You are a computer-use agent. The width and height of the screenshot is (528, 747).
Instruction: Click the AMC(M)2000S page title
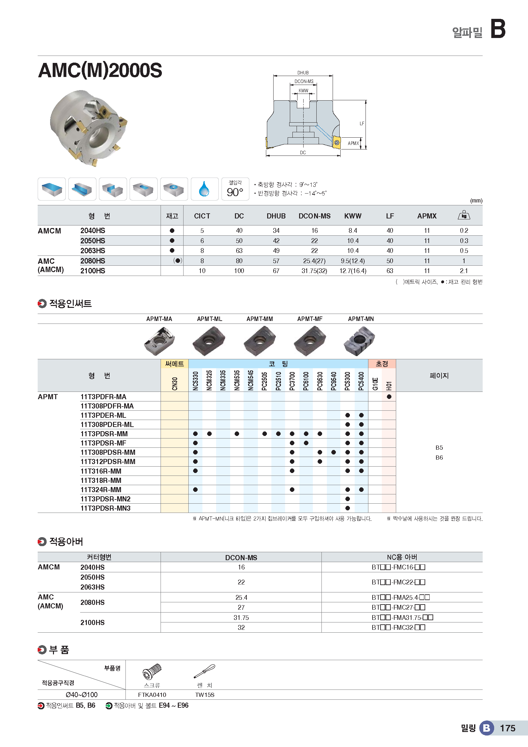100,70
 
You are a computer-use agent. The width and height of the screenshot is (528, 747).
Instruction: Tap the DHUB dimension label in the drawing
303,73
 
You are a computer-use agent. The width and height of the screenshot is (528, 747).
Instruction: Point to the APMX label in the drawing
353,143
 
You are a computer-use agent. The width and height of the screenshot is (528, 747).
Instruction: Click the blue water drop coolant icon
204,189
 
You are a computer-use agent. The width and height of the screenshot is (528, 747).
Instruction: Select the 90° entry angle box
235,189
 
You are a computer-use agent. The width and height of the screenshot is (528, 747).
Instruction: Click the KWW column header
353,216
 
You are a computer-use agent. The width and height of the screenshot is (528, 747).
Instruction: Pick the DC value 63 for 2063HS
239,251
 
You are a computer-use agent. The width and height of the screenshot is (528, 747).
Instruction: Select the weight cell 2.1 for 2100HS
464,271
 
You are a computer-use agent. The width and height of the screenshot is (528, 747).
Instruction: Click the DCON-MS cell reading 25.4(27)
314,261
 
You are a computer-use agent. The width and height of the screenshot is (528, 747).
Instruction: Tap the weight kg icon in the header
464,215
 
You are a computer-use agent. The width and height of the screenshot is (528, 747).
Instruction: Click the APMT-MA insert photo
159,341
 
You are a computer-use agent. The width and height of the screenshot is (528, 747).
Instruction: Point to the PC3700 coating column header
292,381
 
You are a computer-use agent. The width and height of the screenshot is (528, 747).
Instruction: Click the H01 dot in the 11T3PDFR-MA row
389,397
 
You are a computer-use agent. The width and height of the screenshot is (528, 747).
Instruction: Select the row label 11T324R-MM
101,490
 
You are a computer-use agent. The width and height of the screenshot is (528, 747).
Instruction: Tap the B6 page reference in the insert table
439,458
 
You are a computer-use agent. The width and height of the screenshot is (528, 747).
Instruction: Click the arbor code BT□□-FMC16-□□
398,567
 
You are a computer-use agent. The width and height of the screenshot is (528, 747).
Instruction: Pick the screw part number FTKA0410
152,695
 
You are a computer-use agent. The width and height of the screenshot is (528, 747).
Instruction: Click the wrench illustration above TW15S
205,672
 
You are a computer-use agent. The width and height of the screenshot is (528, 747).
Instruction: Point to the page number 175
508,728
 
